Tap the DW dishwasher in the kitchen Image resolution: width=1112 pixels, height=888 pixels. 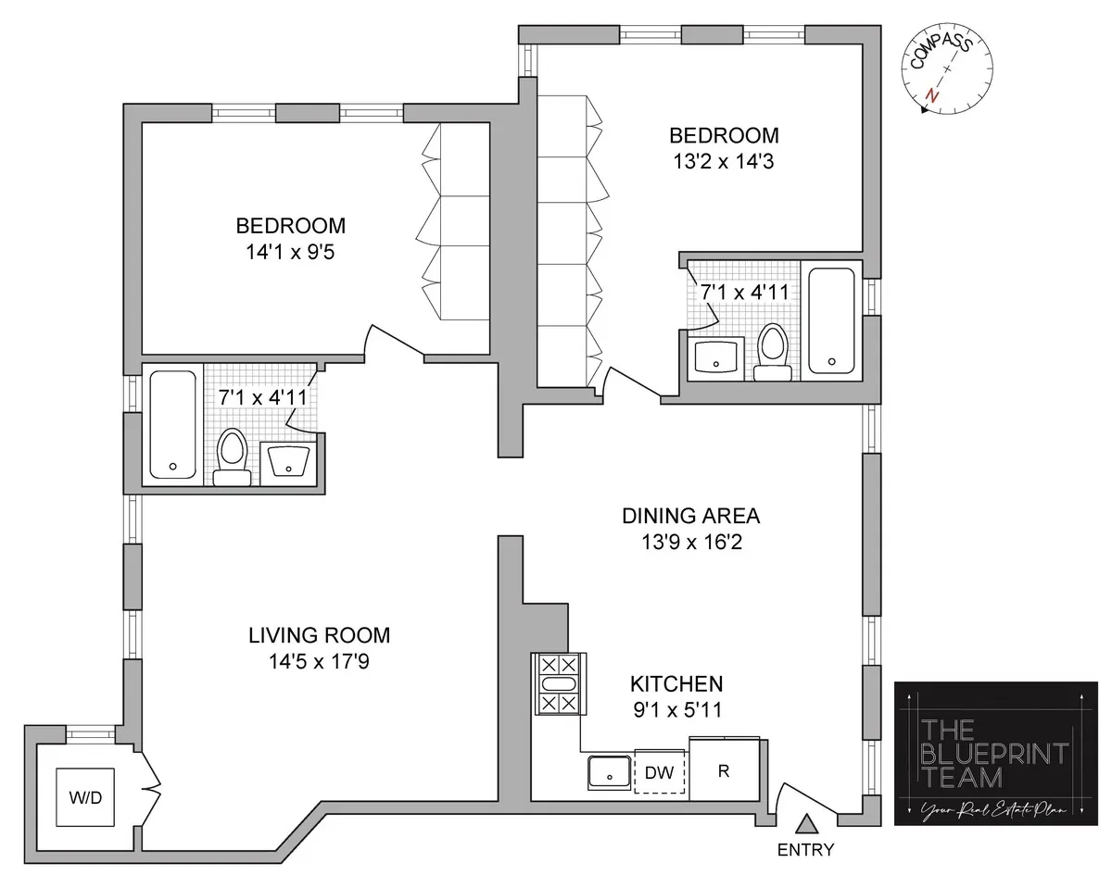(x=660, y=770)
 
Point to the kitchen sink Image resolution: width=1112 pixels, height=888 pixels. (x=609, y=771)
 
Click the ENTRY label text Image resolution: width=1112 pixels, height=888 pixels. (x=806, y=850)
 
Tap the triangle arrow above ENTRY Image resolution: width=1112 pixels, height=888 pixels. (x=807, y=822)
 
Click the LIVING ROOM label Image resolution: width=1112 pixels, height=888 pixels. (x=319, y=636)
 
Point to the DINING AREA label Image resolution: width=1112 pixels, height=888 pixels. (x=690, y=516)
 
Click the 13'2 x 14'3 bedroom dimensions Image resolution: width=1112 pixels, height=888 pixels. (x=724, y=162)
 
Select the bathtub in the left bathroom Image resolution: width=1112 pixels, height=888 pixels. (x=172, y=425)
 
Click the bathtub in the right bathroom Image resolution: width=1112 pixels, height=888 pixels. (x=831, y=320)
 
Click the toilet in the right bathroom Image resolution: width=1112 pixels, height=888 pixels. (x=772, y=352)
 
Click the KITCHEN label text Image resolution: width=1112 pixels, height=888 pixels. (x=676, y=684)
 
